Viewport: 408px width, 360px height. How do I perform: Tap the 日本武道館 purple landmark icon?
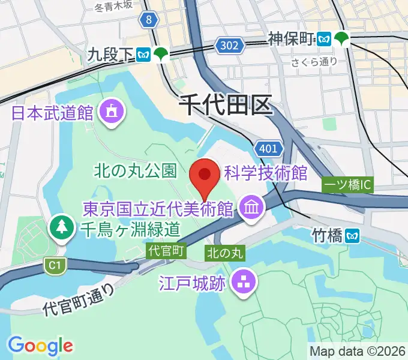tap(112, 112)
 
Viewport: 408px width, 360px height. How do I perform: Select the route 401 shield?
tap(265, 148)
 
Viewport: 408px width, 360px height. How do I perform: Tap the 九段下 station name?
tap(110, 55)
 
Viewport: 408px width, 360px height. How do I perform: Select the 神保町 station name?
tap(292, 40)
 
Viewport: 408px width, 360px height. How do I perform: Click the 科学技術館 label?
tap(265, 174)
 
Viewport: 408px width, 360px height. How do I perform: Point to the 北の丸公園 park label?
tap(136, 172)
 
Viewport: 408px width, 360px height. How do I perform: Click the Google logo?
tap(40, 346)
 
